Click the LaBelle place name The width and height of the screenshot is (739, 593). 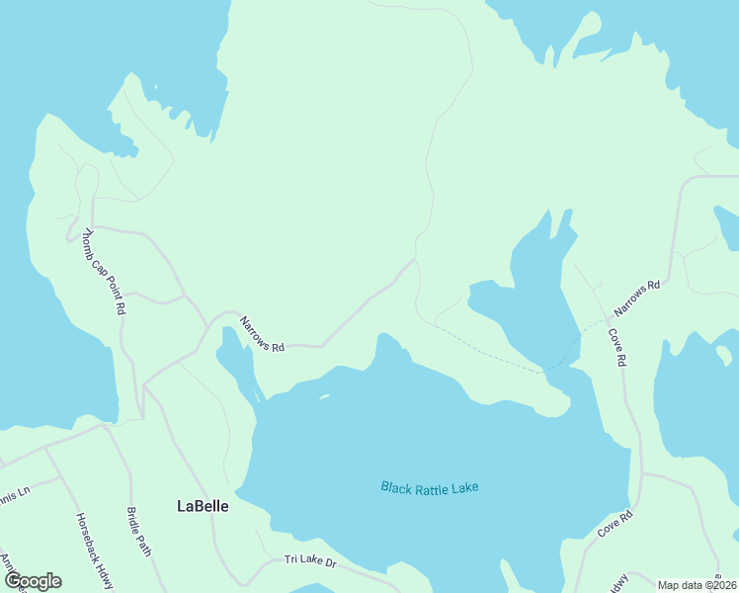203,505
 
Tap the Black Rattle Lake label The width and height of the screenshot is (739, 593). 436,487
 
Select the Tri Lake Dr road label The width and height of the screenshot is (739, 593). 310,560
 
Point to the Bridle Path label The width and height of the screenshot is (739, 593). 138,532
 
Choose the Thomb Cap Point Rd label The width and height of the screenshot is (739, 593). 104,272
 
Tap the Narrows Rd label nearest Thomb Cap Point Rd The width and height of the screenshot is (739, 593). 262,334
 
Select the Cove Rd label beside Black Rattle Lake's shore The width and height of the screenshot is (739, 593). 614,525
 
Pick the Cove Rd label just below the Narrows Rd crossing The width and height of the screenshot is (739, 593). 616,348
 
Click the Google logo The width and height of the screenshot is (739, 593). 33,581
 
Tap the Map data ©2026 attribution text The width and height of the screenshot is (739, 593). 698,585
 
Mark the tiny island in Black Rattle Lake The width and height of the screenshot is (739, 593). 323,399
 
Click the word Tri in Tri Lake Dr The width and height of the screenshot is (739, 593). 291,559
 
